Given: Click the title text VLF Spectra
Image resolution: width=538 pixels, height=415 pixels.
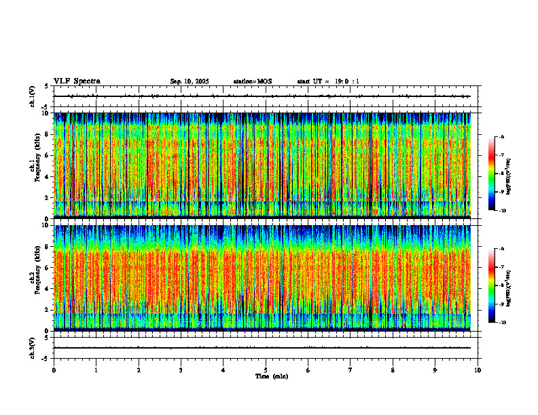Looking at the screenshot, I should coord(77,81).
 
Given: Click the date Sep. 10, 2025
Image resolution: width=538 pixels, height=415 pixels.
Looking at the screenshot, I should coord(190,81).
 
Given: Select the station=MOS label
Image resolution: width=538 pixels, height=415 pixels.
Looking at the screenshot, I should coord(252,81).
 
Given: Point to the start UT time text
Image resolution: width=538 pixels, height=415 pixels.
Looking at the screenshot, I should coord(328,81).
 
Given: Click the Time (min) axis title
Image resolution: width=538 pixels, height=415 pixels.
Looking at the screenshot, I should coord(271,376).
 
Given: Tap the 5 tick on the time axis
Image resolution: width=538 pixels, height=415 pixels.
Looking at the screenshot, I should coord(266,370).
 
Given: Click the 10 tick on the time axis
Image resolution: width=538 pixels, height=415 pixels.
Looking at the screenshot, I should coord(478,370).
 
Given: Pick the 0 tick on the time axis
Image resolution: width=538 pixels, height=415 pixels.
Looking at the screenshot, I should coord(54,370).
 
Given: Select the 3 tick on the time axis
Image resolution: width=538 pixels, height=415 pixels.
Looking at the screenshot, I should coord(181,370).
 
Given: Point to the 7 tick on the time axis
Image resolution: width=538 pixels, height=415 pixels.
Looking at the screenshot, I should coord(351,370).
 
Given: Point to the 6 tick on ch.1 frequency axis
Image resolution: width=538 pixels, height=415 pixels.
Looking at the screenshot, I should coord(46,155).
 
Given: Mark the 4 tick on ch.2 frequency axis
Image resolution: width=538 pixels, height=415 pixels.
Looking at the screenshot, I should coord(46,288).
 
